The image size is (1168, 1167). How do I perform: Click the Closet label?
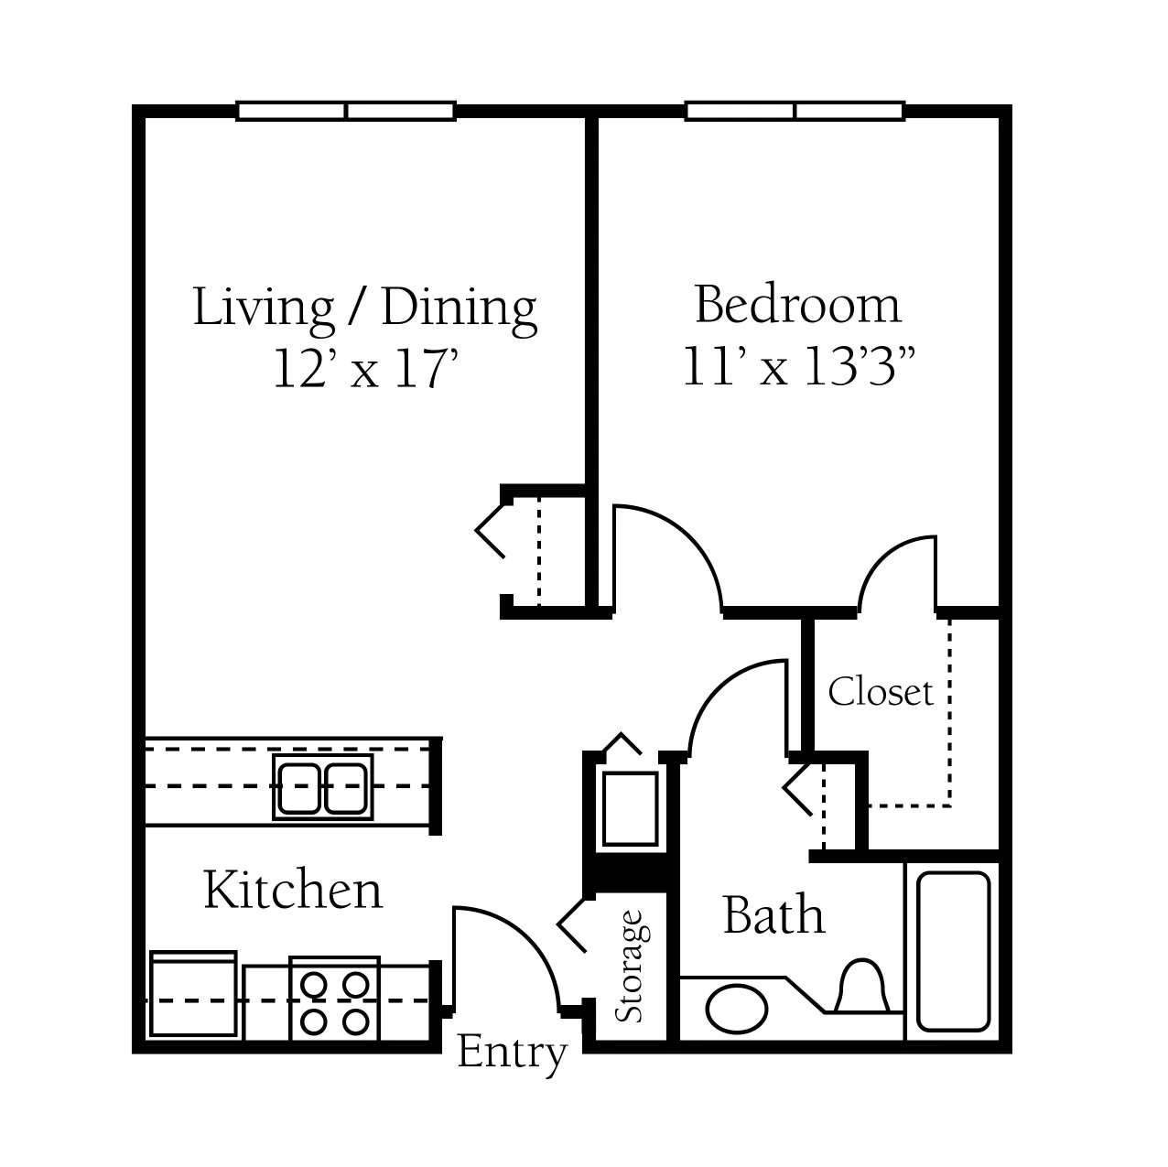click(880, 692)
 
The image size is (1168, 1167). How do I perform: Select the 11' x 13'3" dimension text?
click(798, 366)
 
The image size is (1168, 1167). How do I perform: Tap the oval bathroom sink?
click(737, 1010)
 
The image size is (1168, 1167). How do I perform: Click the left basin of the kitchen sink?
click(298, 788)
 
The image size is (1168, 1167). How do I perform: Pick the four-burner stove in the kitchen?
click(335, 999)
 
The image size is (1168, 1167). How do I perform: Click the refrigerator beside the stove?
click(193, 994)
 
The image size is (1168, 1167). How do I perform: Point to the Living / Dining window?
click(345, 111)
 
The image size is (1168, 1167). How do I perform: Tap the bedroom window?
click(795, 111)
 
